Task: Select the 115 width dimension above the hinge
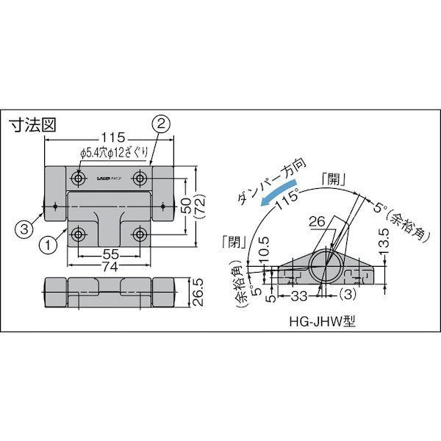pos(110,137)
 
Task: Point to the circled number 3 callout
pos(24,229)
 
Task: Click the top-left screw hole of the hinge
pos(79,179)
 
